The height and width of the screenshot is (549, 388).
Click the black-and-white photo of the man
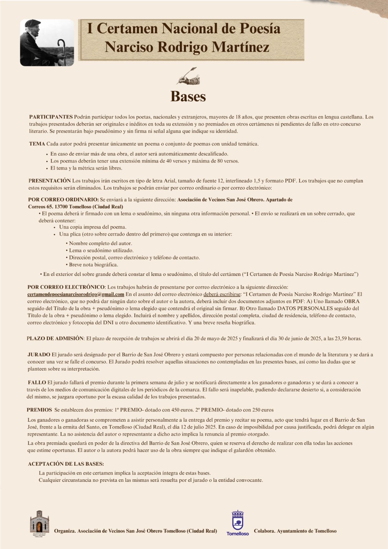(x=47, y=43)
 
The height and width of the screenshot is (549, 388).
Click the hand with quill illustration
(x=188, y=76)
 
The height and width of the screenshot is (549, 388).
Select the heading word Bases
(x=188, y=96)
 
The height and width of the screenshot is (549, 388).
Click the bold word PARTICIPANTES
(x=51, y=117)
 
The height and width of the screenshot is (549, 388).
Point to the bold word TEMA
(x=37, y=144)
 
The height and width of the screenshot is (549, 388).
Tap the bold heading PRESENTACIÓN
(x=49, y=180)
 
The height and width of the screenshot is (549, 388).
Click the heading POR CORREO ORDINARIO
(x=64, y=199)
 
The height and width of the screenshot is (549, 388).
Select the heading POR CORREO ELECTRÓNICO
(x=66, y=287)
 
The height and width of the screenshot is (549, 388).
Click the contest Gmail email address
(x=76, y=294)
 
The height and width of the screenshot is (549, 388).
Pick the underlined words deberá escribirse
(x=222, y=294)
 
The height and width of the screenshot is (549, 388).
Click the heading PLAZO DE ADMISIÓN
(x=55, y=338)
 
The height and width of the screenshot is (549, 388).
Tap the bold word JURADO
(x=39, y=354)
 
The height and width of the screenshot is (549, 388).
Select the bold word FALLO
(x=37, y=382)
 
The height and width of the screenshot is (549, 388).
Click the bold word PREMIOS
(x=39, y=410)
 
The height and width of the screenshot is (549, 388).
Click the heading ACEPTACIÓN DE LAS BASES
(x=66, y=464)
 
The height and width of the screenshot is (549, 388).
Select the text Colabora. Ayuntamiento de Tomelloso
(x=295, y=531)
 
